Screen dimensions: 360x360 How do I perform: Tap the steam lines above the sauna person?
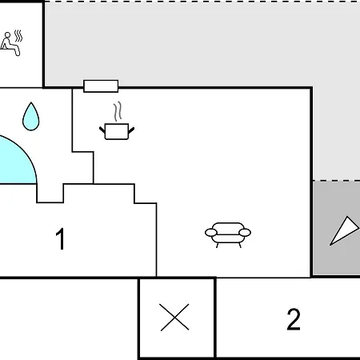(x=18, y=36)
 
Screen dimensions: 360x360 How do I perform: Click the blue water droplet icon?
(x=31, y=117)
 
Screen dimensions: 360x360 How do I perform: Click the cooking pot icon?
(x=117, y=131)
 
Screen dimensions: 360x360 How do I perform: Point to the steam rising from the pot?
(x=118, y=111)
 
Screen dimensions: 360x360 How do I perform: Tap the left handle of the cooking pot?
(x=102, y=130)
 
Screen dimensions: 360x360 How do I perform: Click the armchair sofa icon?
(x=228, y=235)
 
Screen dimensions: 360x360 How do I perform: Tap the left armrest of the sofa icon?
(x=211, y=233)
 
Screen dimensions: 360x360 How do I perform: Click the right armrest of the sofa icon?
(x=245, y=233)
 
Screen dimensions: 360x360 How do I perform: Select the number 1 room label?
(x=60, y=238)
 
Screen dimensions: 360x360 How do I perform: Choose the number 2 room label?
(x=294, y=319)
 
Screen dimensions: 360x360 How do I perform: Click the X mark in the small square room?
(x=174, y=318)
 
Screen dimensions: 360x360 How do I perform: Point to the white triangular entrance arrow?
(x=344, y=231)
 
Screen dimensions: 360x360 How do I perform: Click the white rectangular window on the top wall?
(x=101, y=86)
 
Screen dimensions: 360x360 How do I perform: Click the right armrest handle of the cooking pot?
(x=131, y=130)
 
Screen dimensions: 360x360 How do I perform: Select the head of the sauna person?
(x=7, y=35)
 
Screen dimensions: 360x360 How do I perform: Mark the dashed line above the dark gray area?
(x=336, y=181)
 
